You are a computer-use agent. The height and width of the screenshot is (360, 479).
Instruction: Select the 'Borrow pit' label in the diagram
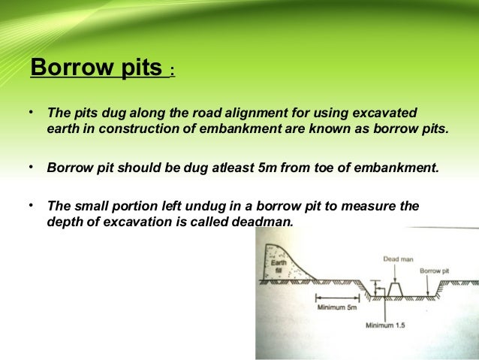(434, 270)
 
